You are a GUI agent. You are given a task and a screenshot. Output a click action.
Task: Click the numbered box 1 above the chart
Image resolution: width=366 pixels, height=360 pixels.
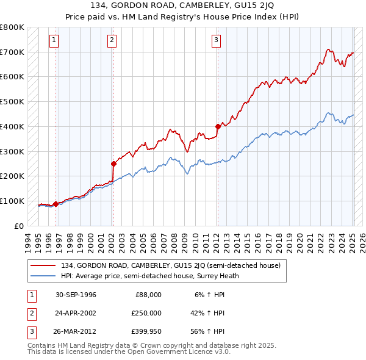(x=54, y=41)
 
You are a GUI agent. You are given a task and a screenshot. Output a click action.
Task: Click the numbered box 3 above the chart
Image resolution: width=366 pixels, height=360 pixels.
(x=217, y=41)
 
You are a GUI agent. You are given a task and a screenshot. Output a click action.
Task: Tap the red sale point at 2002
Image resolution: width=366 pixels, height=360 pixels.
(x=113, y=164)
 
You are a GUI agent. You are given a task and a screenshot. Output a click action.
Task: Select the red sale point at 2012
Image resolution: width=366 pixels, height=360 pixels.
(x=217, y=126)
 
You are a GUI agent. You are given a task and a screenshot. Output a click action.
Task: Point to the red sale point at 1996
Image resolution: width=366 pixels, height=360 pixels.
(x=56, y=204)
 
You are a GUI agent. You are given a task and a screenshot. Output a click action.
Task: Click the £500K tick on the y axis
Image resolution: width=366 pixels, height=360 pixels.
(x=12, y=102)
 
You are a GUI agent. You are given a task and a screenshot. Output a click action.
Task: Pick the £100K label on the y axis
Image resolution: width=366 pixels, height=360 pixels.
(x=12, y=201)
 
